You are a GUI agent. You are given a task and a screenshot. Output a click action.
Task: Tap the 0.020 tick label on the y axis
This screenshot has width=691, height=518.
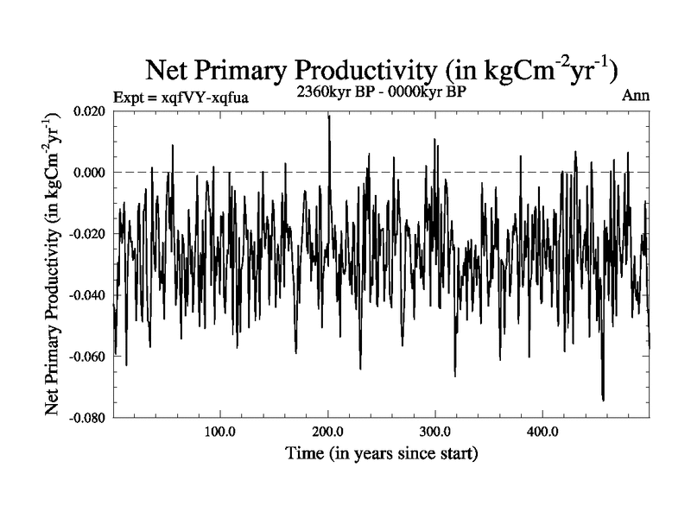coord(90,111)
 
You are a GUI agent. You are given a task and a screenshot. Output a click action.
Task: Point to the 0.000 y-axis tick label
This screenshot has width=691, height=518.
coord(90,173)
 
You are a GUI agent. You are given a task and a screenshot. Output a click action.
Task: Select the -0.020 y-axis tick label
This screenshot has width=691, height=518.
coord(87,234)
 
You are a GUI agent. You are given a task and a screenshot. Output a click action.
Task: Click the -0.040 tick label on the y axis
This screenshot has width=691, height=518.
coord(87,295)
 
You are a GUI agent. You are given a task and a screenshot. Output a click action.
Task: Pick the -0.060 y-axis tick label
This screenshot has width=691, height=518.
coord(87,357)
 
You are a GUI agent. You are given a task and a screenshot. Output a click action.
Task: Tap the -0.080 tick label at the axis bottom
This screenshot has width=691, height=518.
coord(87,417)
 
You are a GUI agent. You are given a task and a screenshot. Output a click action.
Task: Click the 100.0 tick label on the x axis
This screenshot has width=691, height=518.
coord(219,431)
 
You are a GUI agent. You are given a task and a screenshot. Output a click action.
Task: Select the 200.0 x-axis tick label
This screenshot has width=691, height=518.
coord(326,431)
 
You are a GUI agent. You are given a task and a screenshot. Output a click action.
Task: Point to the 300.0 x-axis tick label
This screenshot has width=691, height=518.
coord(434,431)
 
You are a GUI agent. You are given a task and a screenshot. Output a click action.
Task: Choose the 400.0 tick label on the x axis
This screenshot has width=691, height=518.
coord(542,431)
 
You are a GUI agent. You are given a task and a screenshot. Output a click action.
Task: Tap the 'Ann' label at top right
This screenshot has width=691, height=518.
coord(635,96)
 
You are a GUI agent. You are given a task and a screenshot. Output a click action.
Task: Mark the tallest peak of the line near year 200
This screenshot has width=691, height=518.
coord(328,116)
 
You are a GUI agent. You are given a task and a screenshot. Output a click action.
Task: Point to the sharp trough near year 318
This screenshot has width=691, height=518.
coord(455,376)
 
